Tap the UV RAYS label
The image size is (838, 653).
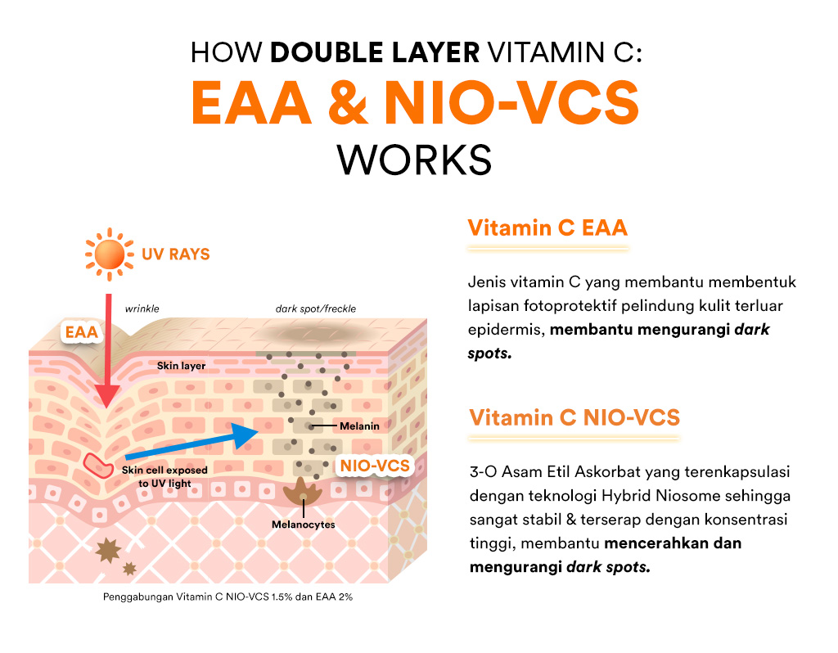point(175,254)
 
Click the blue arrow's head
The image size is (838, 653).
point(249,435)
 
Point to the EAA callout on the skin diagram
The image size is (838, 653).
point(82,332)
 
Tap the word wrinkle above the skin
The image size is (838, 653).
point(142,309)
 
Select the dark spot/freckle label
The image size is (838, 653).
point(316,309)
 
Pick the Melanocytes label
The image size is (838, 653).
point(304,525)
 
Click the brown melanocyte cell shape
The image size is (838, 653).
point(304,493)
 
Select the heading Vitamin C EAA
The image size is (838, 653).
point(547,227)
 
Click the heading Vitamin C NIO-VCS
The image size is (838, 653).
point(574,417)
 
